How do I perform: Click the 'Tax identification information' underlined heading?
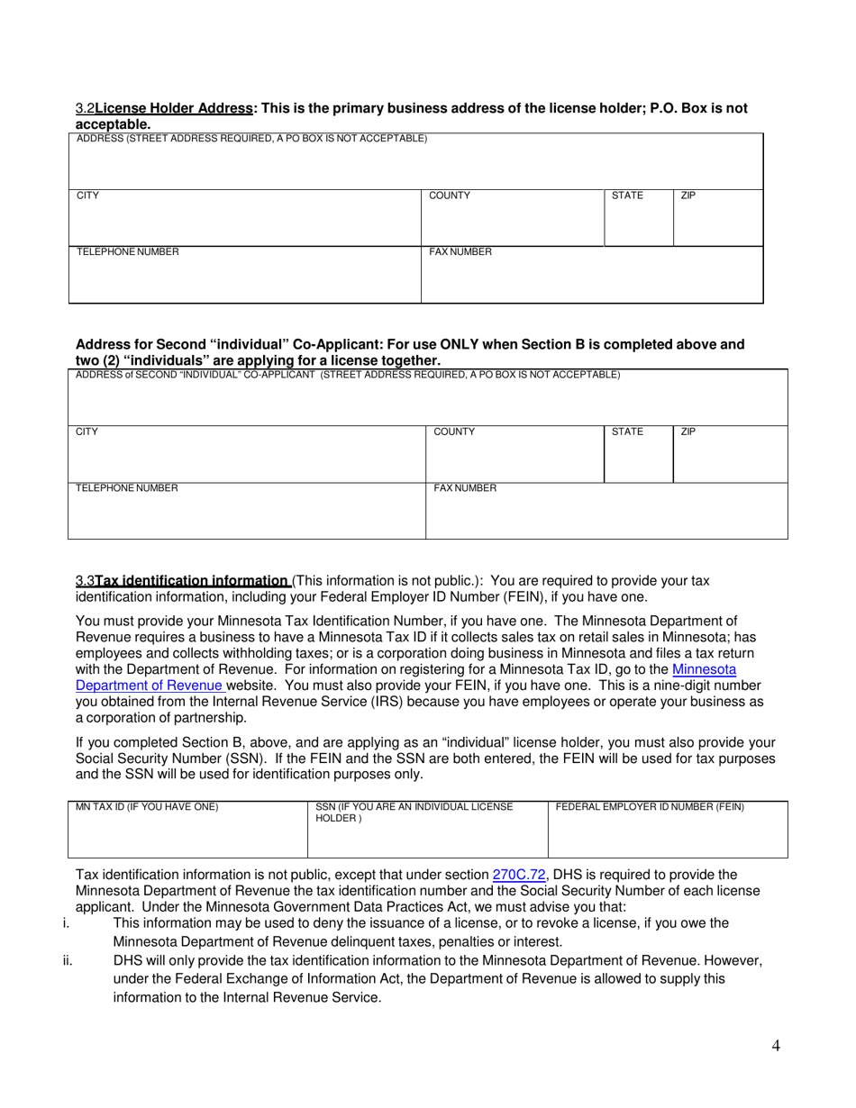click(x=192, y=581)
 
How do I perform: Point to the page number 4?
click(x=776, y=1046)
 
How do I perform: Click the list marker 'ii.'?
click(x=68, y=960)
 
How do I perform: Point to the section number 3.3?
click(x=85, y=581)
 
